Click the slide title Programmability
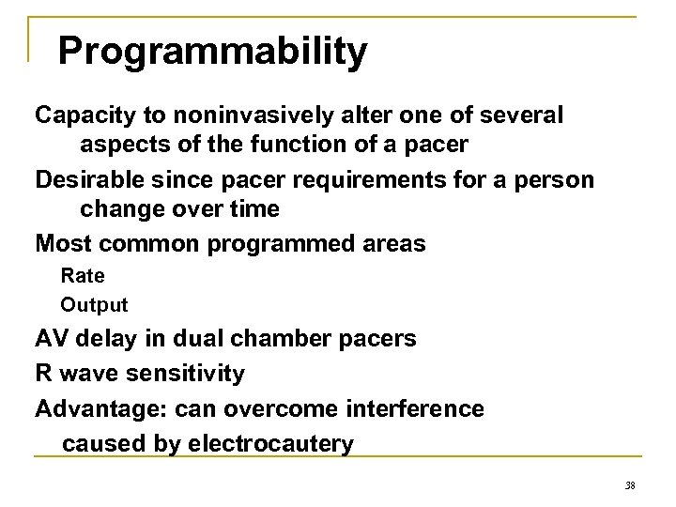point(212,53)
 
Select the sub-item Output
point(94,305)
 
